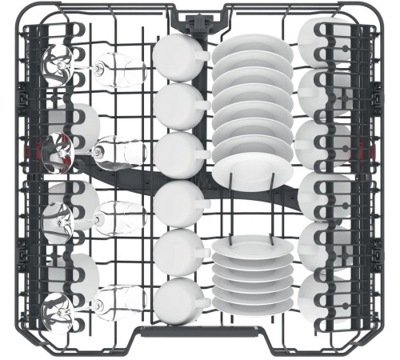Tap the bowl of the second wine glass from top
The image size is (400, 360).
coord(121,150)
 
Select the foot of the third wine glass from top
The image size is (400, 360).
coord(58,218)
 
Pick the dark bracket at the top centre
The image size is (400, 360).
coord(200,18)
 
